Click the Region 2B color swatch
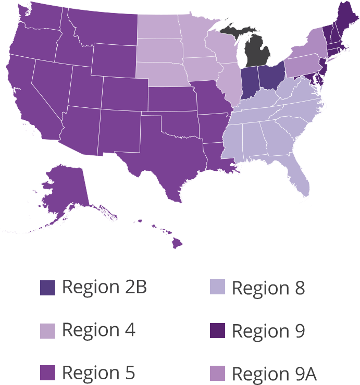tap(47, 288)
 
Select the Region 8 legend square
tap(217, 288)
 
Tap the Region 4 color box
tap(47, 330)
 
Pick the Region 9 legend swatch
tap(217, 330)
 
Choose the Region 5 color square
tap(47, 373)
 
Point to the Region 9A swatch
tap(217, 373)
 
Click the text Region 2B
tap(104, 287)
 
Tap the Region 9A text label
tap(274, 374)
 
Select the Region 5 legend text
tap(98, 373)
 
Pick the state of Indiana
tap(250, 82)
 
